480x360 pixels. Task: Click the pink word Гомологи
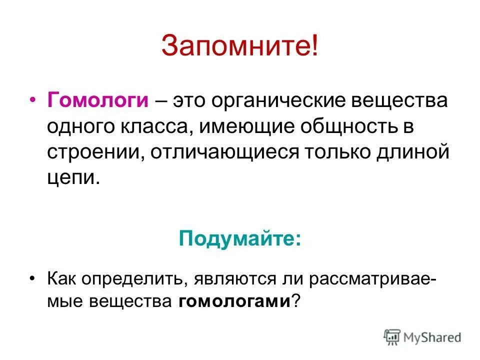click(x=98, y=100)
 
